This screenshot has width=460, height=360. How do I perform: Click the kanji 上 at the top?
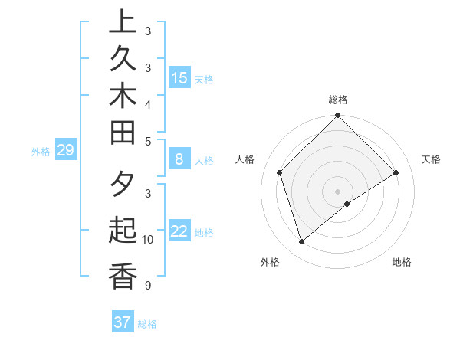coord(123,22)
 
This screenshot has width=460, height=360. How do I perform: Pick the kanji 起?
coord(123,231)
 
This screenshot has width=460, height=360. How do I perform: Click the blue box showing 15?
coord(179,77)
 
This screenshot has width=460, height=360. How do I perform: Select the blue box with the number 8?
coord(179,159)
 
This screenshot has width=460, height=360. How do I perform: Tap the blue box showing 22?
coord(179,231)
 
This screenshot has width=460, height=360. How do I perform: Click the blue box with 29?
coord(65,150)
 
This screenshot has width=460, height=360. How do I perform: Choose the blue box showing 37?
coord(122,322)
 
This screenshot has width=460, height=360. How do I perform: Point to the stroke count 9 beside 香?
coord(147,286)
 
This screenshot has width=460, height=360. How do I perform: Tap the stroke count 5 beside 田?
coord(147,142)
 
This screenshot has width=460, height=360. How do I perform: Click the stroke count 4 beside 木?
coord(147,104)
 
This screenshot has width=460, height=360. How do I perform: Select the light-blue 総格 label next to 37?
coord(147,324)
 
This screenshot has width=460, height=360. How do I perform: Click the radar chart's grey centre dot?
coord(337,191)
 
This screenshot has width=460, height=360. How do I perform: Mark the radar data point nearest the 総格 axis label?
coord(337,117)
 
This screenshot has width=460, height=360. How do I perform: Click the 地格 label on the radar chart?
coord(402,262)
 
